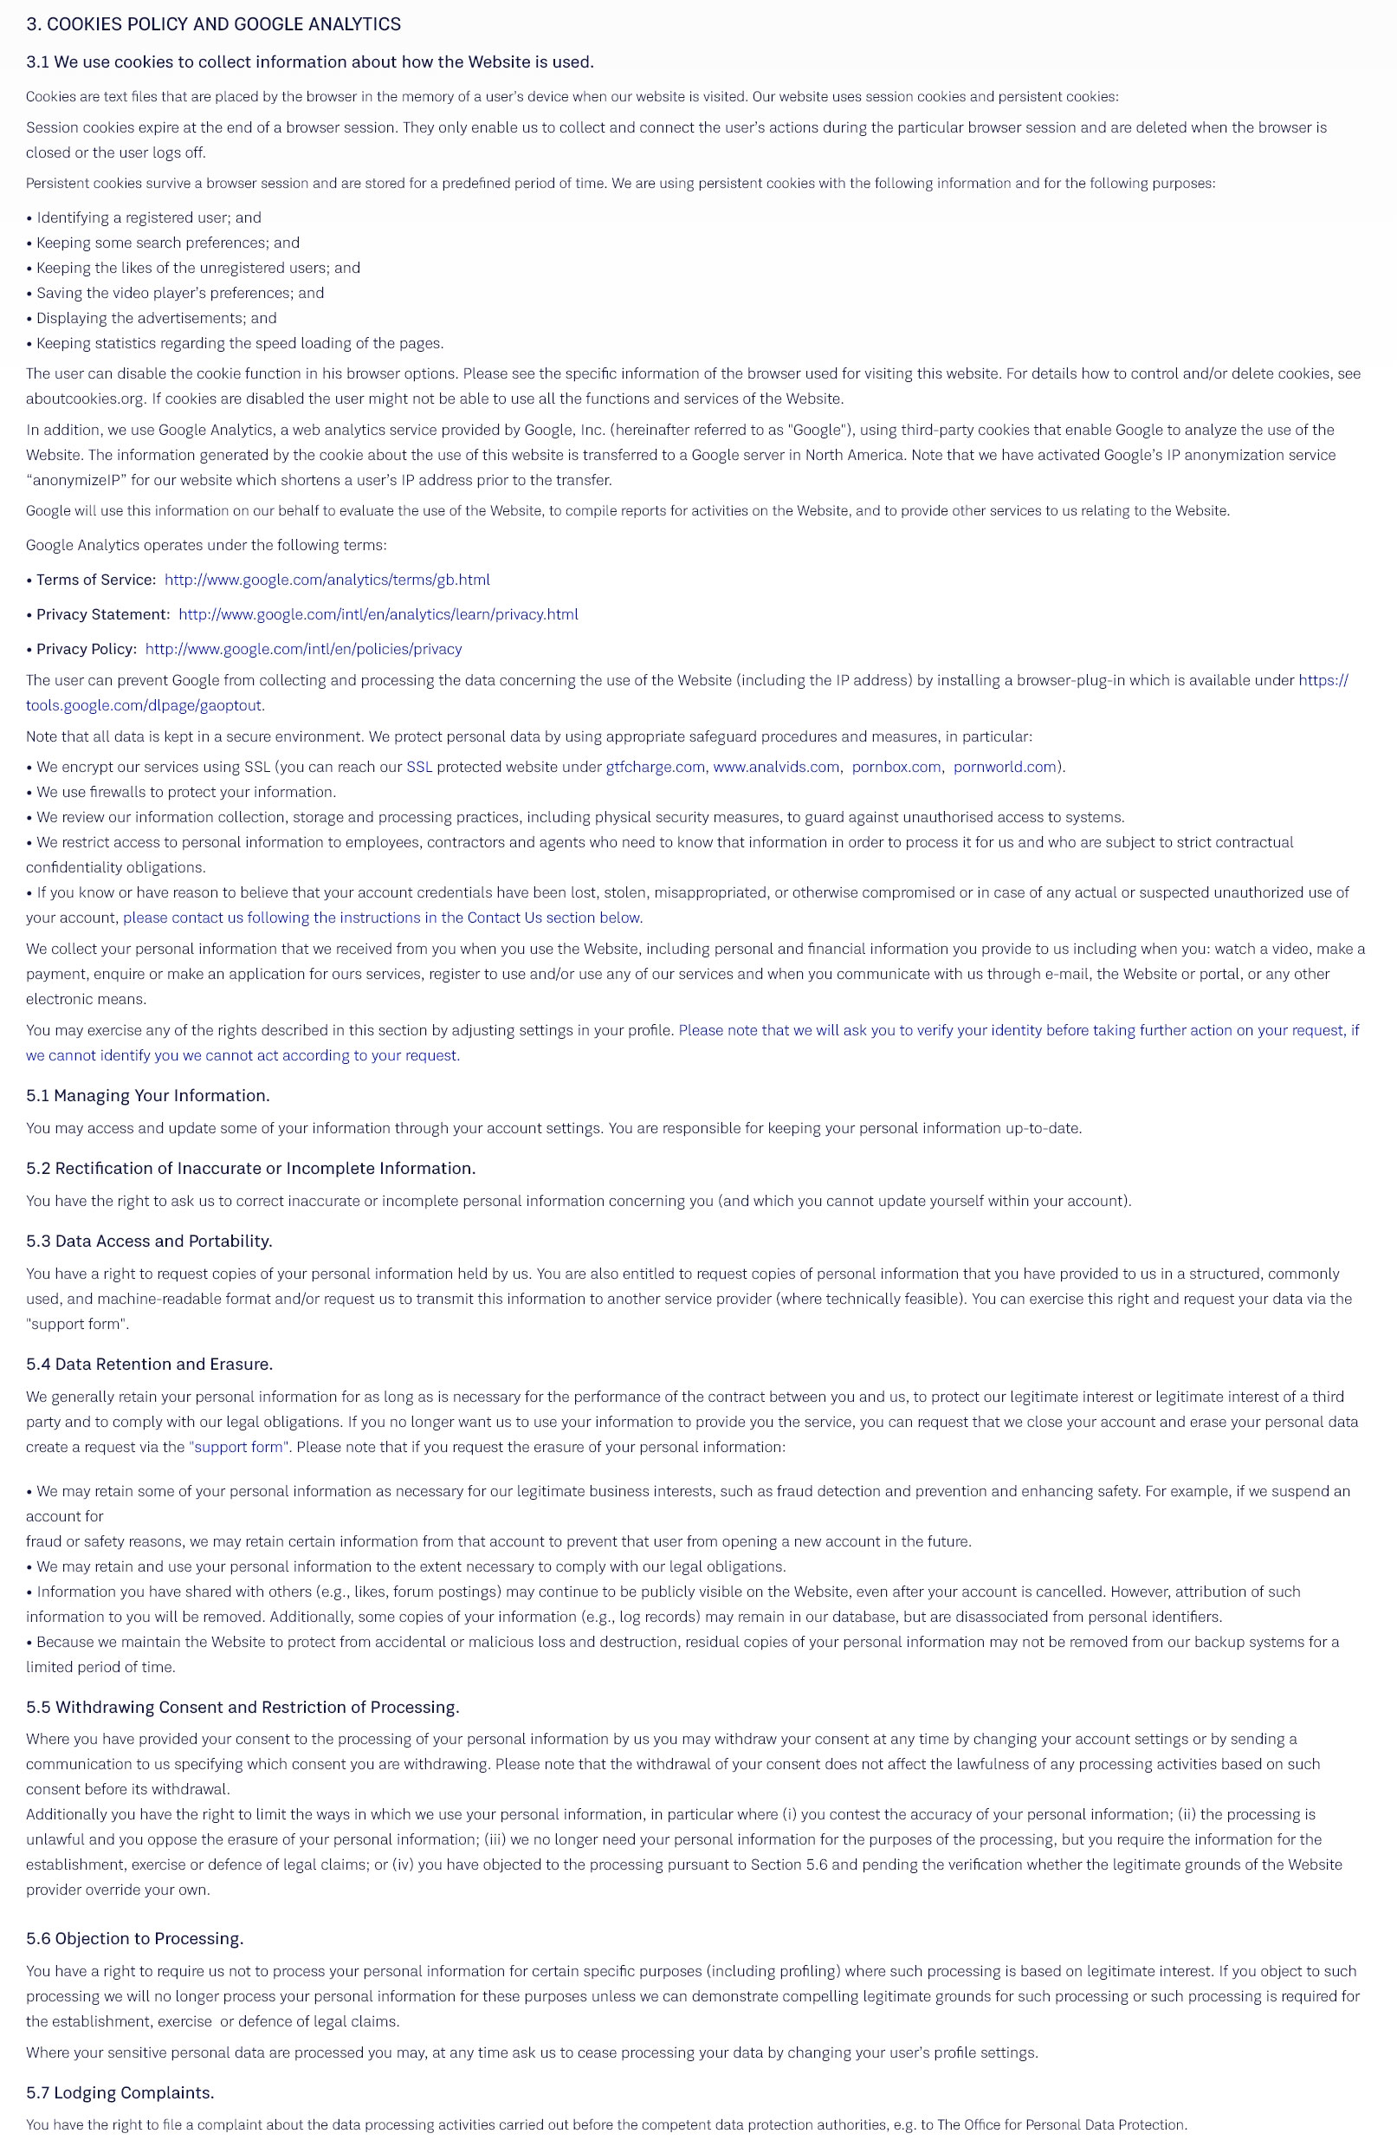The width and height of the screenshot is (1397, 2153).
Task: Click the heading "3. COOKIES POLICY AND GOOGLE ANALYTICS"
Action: (x=213, y=24)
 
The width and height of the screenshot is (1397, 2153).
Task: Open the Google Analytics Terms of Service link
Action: (x=327, y=579)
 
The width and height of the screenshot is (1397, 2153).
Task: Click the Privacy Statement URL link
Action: (x=378, y=614)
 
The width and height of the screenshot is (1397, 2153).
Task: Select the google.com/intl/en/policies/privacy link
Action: (x=303, y=649)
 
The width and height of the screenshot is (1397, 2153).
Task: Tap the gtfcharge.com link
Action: (x=655, y=766)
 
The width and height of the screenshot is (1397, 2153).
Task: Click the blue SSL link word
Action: (x=418, y=766)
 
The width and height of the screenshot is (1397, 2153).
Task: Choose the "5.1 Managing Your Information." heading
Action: (x=147, y=1095)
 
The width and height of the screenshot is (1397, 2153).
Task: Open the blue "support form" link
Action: (x=239, y=1447)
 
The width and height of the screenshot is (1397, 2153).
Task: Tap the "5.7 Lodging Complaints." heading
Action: (x=120, y=2092)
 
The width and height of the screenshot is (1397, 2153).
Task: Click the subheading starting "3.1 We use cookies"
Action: (x=309, y=62)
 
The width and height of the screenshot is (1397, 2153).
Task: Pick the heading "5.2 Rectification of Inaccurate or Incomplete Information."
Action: (x=250, y=1168)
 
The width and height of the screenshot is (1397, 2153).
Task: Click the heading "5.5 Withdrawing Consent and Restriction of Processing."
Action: (x=243, y=1706)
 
